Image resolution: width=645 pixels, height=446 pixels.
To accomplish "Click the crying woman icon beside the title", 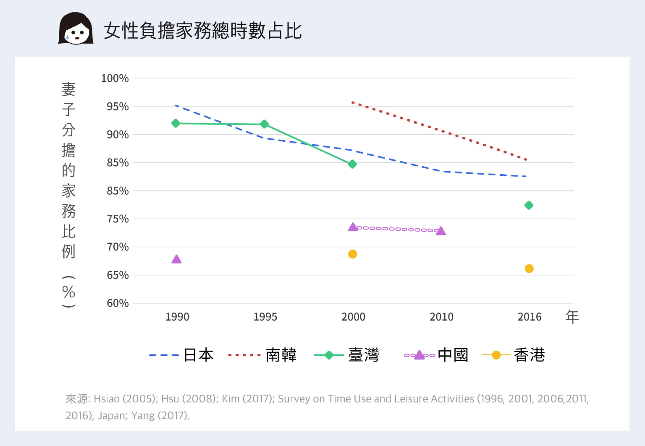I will point(76,29).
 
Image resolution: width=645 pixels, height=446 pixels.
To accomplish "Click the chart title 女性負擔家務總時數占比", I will point(202,31).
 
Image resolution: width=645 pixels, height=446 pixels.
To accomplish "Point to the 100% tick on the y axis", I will point(115,78).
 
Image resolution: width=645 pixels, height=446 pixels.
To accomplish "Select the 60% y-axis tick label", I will point(118,303).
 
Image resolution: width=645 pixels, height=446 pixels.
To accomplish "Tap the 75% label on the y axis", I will point(118,219).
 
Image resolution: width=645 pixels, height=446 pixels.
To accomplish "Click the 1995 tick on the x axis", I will point(265,317).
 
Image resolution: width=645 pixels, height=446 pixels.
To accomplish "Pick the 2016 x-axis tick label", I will point(529,317).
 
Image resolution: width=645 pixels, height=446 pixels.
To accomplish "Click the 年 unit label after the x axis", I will point(572,317).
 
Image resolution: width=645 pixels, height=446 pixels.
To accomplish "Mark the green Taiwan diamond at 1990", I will point(176,123).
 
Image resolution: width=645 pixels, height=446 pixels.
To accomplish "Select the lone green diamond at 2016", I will point(529,205).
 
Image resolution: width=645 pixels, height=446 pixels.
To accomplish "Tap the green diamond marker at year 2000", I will point(352,164).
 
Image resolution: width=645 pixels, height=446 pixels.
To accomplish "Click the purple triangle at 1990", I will point(176,259).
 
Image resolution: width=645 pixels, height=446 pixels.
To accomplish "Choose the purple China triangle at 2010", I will point(440,231).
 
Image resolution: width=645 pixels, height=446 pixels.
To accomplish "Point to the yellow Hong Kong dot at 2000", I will point(352,254).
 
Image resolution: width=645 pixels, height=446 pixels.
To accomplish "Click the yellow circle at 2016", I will point(529,269).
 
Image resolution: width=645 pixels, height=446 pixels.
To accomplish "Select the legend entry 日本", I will point(198,355).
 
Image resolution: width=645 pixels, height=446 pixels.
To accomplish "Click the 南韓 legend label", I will point(281,355).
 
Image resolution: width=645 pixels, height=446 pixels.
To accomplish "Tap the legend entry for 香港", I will point(529,355).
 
